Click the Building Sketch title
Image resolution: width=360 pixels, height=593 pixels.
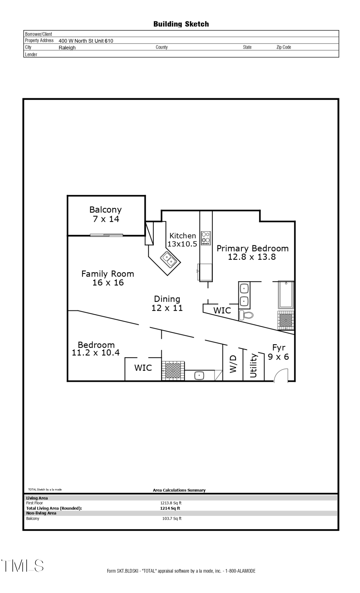point(181,24)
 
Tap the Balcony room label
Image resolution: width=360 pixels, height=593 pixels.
point(106,210)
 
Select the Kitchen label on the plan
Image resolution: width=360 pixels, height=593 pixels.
point(183,236)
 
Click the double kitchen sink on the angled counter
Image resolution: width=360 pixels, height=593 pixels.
point(168,259)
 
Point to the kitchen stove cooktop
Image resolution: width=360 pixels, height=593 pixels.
point(206,238)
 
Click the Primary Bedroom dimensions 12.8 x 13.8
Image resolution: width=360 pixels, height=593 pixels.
point(252,257)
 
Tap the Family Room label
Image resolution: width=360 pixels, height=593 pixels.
point(108,274)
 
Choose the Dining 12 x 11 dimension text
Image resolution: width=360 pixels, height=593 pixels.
point(167,308)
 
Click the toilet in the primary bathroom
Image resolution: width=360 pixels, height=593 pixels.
point(246,315)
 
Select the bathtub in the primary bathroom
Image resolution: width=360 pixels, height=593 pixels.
point(286,295)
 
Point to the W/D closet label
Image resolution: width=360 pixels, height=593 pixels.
point(233,364)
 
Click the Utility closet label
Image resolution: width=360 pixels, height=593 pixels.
point(253,366)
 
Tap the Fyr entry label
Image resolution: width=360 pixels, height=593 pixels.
point(279,347)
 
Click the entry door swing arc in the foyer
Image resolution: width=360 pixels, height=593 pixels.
point(281,375)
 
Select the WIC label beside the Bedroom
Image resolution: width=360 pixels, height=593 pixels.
point(143,368)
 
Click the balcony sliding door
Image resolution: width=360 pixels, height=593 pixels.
point(106,235)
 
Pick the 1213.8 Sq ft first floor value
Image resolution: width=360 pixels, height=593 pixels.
point(171,503)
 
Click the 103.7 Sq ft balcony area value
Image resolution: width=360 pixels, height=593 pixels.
point(172,518)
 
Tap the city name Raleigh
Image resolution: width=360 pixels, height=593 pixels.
point(67,48)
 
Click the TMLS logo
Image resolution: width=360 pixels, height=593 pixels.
point(23,565)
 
